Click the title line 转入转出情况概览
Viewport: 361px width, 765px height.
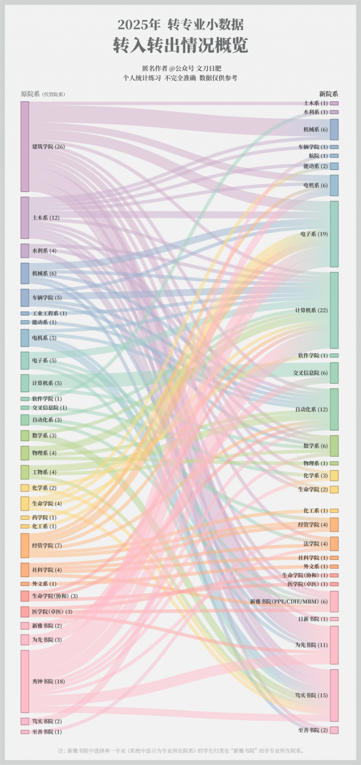click(x=180, y=45)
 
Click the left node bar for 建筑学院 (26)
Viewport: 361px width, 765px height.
click(x=25, y=147)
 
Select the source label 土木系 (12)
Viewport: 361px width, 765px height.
click(x=46, y=218)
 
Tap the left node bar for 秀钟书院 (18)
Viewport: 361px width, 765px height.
click(x=25, y=681)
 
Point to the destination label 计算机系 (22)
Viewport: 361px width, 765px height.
click(x=311, y=311)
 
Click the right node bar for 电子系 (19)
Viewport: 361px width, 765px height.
click(x=334, y=234)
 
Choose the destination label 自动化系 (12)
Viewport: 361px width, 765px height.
click(x=311, y=410)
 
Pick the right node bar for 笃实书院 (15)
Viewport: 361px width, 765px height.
click(x=334, y=695)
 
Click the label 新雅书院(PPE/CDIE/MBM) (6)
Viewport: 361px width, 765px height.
click(x=289, y=602)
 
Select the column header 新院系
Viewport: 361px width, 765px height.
click(x=329, y=94)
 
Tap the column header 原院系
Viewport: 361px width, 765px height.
click(x=30, y=94)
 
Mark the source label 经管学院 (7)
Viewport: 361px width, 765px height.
click(x=47, y=546)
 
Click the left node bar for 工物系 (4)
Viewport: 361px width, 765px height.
click(x=25, y=472)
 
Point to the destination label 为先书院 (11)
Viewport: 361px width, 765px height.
click(x=311, y=645)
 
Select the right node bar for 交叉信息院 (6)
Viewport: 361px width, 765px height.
click(x=334, y=373)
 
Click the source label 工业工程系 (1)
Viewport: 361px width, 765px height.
click(x=49, y=313)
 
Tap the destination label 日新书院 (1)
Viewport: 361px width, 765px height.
click(x=313, y=619)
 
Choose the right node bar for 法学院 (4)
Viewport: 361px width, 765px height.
click(x=334, y=544)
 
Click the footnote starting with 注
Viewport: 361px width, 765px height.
click(x=181, y=751)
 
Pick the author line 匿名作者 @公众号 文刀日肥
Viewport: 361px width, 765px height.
click(x=182, y=68)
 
